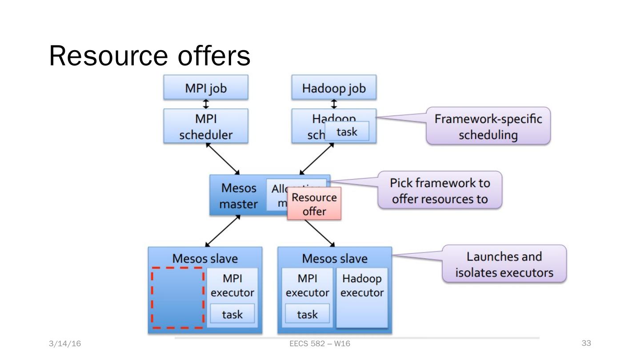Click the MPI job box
click(205, 88)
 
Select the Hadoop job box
click(334, 88)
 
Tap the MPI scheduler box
click(205, 126)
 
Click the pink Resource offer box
click(314, 204)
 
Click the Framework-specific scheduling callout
click(488, 126)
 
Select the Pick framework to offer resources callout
click(440, 190)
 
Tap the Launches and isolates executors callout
click(504, 264)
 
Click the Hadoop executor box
click(362, 297)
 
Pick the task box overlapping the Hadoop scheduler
click(347, 132)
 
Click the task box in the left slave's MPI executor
click(232, 314)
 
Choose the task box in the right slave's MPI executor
click(307, 314)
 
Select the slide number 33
click(586, 343)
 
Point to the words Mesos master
click(239, 196)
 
